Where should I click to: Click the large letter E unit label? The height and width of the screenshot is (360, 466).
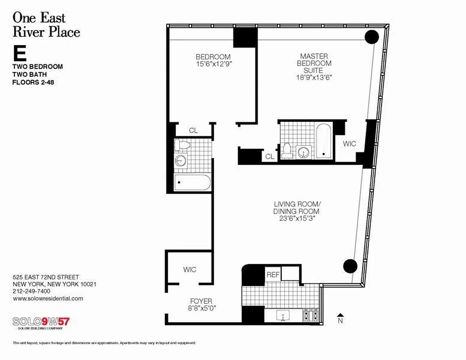click(20, 54)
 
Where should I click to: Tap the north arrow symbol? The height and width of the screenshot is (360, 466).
click(341, 316)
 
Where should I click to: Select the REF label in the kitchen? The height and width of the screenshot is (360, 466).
click(273, 274)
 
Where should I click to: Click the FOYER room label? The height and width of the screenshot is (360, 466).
click(201, 301)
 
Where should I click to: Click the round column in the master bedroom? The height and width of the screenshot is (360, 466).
click(372, 37)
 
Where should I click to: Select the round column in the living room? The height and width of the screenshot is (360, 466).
click(350, 266)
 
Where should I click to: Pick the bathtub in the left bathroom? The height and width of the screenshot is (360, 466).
click(192, 183)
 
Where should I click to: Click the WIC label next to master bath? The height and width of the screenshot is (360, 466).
click(349, 144)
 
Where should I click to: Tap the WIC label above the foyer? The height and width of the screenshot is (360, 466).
click(189, 270)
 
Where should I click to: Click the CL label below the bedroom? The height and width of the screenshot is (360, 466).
click(193, 130)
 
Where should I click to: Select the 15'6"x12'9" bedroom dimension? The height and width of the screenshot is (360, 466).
click(213, 64)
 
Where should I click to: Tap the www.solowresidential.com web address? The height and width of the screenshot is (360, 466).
click(48, 298)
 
